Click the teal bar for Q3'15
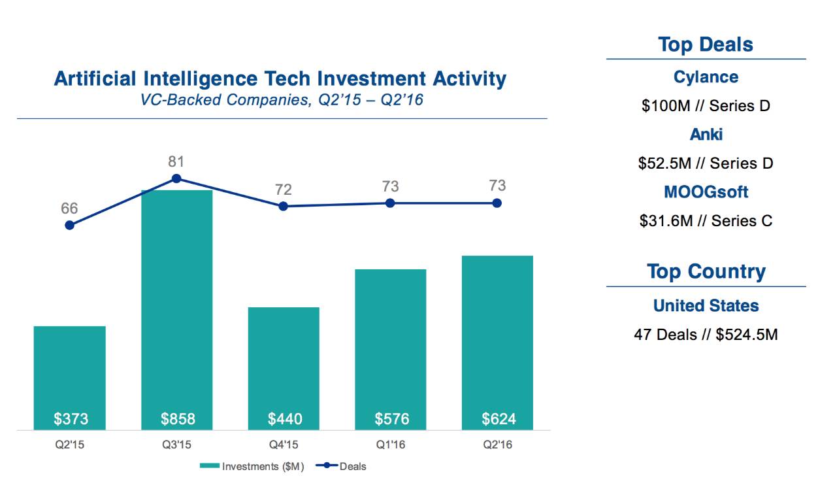coord(177,307)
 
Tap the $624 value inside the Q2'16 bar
coord(498,418)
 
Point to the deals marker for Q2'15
coord(69,225)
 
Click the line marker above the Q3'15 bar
coord(176,178)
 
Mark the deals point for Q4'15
coord(283,206)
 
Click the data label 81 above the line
coord(176,161)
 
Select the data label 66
coord(69,209)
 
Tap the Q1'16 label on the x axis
coord(390,445)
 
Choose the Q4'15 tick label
coord(284,445)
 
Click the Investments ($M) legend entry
coord(252,466)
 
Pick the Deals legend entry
coord(342,466)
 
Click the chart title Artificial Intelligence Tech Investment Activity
coord(280,79)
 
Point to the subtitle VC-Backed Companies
coord(280,100)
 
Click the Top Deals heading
coord(706,44)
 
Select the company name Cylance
coord(706,77)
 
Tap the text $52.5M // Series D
coord(706,163)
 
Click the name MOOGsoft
coord(706,192)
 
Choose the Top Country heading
coord(706,271)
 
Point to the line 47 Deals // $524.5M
coord(706,335)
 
